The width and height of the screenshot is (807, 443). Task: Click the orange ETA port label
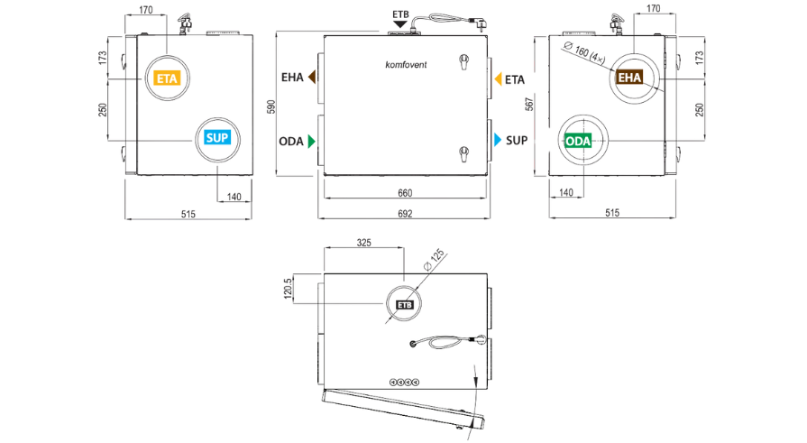[167, 78]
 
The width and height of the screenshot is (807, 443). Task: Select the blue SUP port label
[217, 138]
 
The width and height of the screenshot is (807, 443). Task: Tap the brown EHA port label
[629, 78]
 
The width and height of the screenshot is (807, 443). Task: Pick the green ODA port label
[578, 141]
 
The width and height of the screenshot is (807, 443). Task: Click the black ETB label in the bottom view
[405, 305]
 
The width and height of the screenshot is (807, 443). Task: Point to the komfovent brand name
[406, 64]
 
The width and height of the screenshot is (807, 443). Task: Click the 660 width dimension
[405, 193]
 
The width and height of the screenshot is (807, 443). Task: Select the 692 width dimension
[405, 213]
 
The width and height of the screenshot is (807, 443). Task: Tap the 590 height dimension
[271, 106]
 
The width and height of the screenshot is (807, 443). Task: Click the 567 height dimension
[529, 104]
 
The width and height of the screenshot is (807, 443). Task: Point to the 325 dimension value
[364, 243]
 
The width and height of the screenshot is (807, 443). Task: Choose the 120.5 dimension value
[288, 288]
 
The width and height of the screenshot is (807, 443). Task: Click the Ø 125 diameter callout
[434, 260]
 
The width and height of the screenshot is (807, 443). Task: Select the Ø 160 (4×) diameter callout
[584, 52]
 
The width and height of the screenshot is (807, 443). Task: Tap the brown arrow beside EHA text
[312, 77]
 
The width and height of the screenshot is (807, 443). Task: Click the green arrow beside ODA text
[311, 141]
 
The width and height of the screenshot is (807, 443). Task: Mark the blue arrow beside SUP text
[498, 140]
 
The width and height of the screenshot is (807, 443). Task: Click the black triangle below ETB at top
[400, 24]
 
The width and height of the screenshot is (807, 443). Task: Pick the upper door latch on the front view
[463, 62]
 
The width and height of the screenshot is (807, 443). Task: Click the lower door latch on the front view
[463, 153]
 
